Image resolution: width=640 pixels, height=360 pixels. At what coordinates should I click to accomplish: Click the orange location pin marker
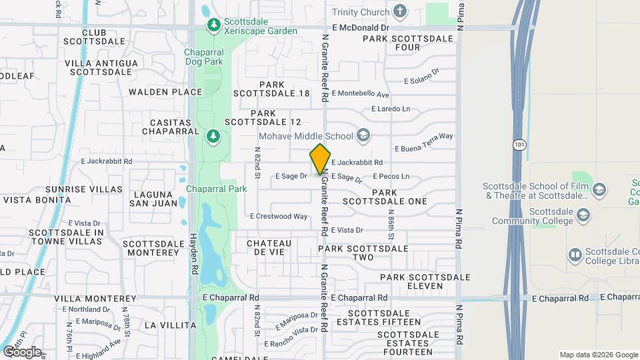click(321, 159)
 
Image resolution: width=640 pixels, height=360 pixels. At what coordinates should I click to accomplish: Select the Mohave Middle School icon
click(363, 136)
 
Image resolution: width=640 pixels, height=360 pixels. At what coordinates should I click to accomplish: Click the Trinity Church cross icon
click(400, 11)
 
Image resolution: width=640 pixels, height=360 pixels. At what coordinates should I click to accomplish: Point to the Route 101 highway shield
click(519, 144)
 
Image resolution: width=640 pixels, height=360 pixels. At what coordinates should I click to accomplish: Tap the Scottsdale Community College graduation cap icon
click(583, 215)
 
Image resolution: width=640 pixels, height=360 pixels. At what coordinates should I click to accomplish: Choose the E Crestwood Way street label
click(279, 216)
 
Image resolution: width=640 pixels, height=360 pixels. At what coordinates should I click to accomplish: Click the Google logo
click(21, 351)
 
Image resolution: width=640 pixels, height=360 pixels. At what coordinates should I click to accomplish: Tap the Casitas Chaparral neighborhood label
click(171, 127)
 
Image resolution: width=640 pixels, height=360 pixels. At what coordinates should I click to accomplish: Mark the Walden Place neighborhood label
click(165, 92)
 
